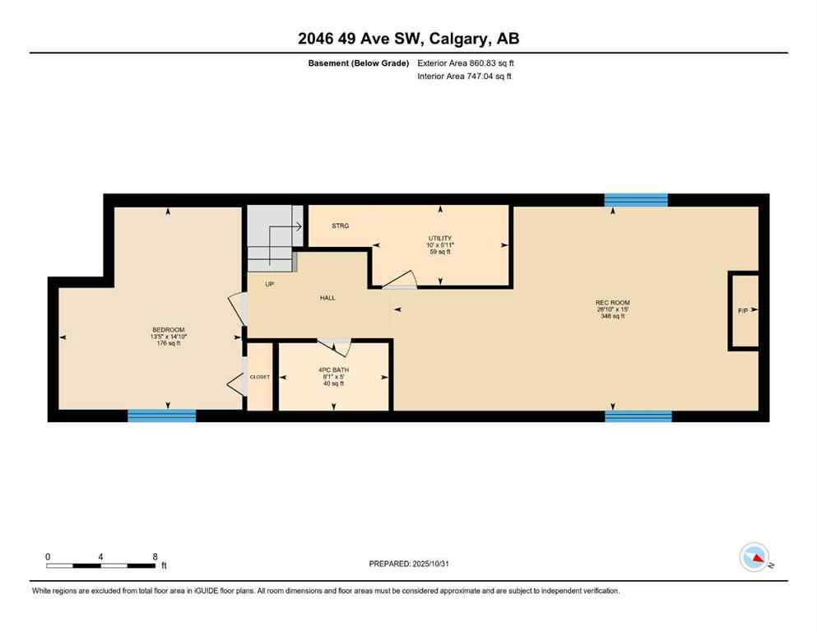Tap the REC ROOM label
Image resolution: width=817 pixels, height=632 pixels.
[612, 303]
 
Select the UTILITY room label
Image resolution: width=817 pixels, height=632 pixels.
[439, 238]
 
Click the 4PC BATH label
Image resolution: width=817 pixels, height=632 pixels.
[334, 369]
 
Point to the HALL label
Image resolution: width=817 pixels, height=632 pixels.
[327, 298]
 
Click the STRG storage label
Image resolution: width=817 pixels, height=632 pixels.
[341, 225]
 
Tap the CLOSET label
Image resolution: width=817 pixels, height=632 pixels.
[260, 377]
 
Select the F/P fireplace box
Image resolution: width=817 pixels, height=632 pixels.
[744, 311]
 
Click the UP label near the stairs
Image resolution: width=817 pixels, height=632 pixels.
[269, 285]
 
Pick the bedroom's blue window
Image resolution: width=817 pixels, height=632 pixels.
[162, 416]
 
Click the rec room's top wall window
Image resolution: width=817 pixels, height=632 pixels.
[635, 200]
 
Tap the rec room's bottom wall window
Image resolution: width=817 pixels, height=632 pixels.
[638, 416]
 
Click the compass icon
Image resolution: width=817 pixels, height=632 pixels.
[754, 557]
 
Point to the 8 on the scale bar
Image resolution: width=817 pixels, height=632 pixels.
[155, 556]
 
